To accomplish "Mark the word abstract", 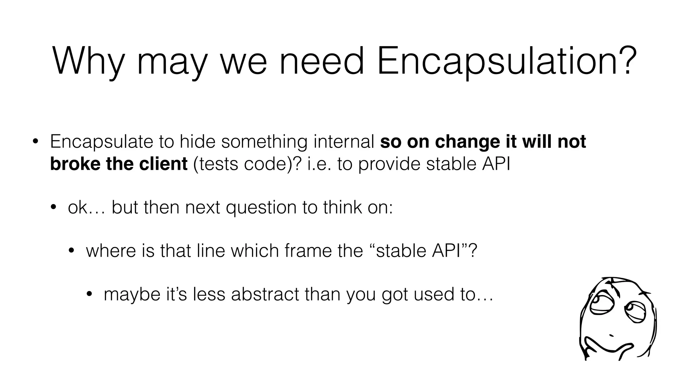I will click(265, 294).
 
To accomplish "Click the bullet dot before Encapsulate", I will click(35, 142).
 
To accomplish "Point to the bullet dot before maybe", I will click(89, 294).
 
